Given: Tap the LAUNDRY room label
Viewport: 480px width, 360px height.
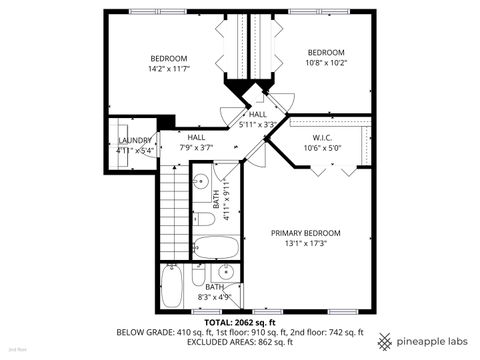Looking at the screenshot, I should click(x=135, y=141).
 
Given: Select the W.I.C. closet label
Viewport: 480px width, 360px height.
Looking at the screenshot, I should click(x=322, y=138).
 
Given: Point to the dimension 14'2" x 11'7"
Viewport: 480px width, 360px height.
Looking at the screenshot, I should click(x=168, y=68).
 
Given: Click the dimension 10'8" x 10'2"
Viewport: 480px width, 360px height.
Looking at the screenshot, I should click(x=325, y=63).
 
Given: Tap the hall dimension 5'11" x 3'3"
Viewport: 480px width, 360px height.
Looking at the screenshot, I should click(x=257, y=125).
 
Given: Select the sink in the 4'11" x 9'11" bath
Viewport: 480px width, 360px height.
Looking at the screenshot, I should click(x=200, y=183).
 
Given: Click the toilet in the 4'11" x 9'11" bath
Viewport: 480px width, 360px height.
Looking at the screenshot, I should click(x=204, y=217).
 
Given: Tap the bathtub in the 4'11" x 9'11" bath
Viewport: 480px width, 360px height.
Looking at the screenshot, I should click(x=213, y=247).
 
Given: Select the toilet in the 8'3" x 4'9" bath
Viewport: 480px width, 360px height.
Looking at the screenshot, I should click(x=199, y=272).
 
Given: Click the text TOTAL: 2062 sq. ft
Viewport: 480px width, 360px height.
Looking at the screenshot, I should click(x=240, y=323).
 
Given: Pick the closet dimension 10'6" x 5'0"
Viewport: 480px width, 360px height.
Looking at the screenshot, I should click(x=322, y=148).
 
